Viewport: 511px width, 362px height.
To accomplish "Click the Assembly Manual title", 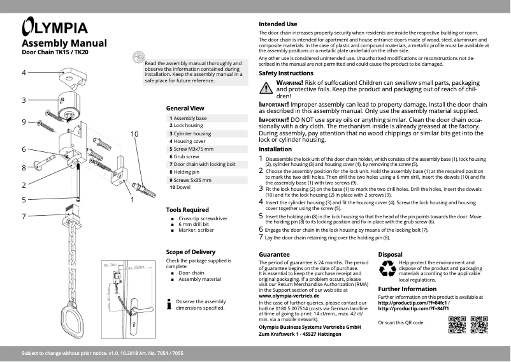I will click(64, 43).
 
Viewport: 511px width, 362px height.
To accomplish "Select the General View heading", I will click(185, 109).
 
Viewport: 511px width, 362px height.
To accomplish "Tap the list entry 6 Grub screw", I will click(184, 156).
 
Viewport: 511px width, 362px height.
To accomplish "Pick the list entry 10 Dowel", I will click(182, 188).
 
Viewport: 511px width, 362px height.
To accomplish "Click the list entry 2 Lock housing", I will click(186, 126).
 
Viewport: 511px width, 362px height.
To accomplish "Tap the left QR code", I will click(457, 325).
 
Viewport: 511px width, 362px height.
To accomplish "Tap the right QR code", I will click(479, 325).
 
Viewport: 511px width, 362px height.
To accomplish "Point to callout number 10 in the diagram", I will click(134, 134).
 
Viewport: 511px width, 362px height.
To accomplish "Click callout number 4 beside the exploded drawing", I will click(24, 73).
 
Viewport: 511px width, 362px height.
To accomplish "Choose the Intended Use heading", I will click(278, 24).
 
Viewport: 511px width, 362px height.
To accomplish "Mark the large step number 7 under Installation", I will click(261, 238).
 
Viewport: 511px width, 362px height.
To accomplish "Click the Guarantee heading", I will click(275, 254).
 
